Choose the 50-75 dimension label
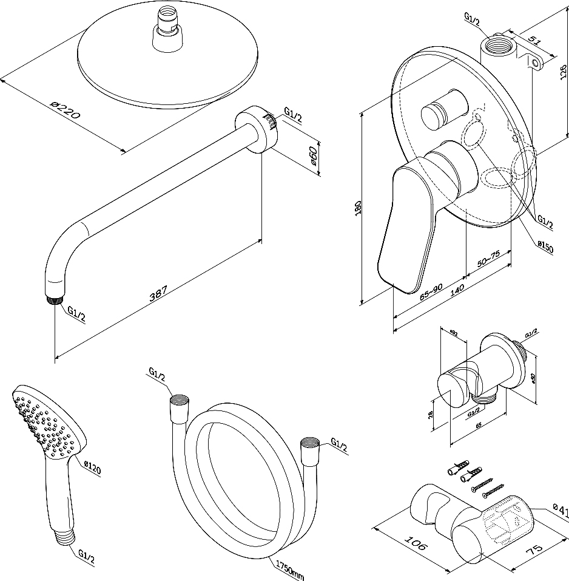489,260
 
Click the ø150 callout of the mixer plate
545,248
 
